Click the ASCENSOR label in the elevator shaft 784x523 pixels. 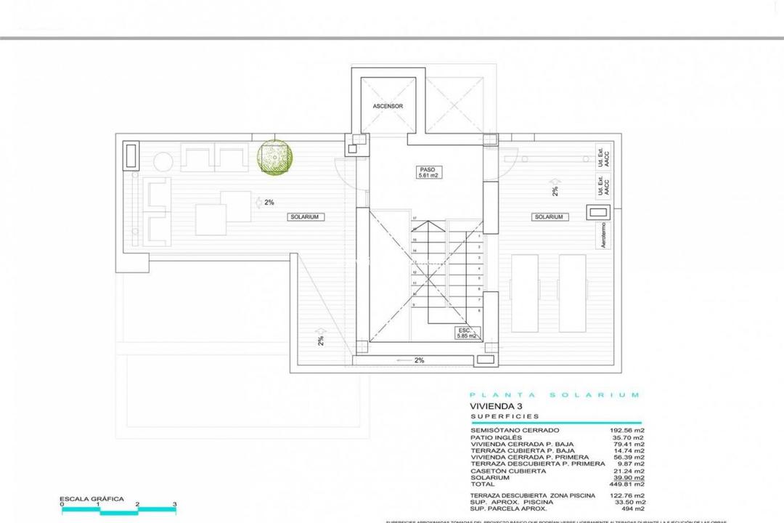click(x=388, y=106)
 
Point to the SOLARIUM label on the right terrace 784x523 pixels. click(x=548, y=216)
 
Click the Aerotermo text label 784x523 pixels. click(x=605, y=236)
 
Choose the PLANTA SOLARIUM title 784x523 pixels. click(x=555, y=395)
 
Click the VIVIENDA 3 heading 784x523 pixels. click(x=497, y=407)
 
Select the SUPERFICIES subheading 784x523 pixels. click(x=505, y=417)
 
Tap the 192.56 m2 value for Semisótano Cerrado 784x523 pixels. click(x=624, y=430)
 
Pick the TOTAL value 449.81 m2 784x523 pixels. click(x=624, y=483)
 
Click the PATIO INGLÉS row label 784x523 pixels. click(x=493, y=437)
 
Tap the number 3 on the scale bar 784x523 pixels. click(x=175, y=504)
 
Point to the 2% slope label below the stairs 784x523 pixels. click(x=419, y=360)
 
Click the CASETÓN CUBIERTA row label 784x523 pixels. click(x=508, y=470)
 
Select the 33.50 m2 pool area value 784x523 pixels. click(x=626, y=501)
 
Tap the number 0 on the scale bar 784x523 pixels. click(x=62, y=504)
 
